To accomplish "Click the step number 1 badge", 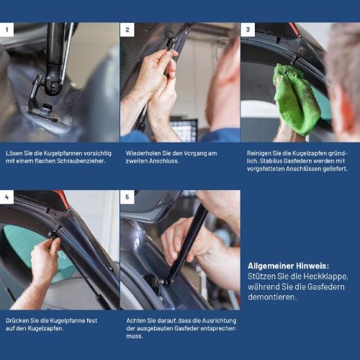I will [7, 30].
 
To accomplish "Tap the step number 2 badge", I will [127, 30].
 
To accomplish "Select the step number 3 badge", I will [248, 30].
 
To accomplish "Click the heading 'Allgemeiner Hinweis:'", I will [287, 265].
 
